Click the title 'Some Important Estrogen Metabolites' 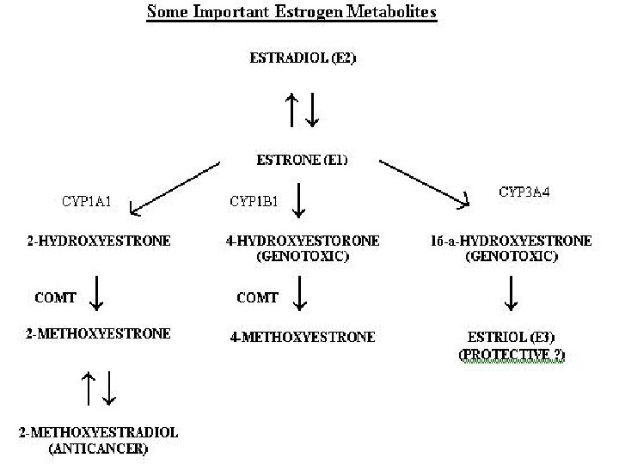(x=291, y=12)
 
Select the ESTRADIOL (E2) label (x=303, y=58)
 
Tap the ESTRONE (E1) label (x=302, y=160)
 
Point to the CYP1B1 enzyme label (x=253, y=203)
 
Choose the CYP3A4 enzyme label (x=524, y=192)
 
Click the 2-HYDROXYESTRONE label (x=98, y=241)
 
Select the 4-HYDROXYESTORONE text (x=302, y=241)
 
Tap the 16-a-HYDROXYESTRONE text (x=511, y=241)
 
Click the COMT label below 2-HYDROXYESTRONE (x=55, y=297)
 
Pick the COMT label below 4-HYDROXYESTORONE (x=257, y=297)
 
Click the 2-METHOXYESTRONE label (x=98, y=333)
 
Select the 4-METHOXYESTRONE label (x=303, y=337)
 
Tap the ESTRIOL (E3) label (x=512, y=337)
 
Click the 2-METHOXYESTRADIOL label (x=98, y=432)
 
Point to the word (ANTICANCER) (x=98, y=448)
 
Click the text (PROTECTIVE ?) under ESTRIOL (x=512, y=354)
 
